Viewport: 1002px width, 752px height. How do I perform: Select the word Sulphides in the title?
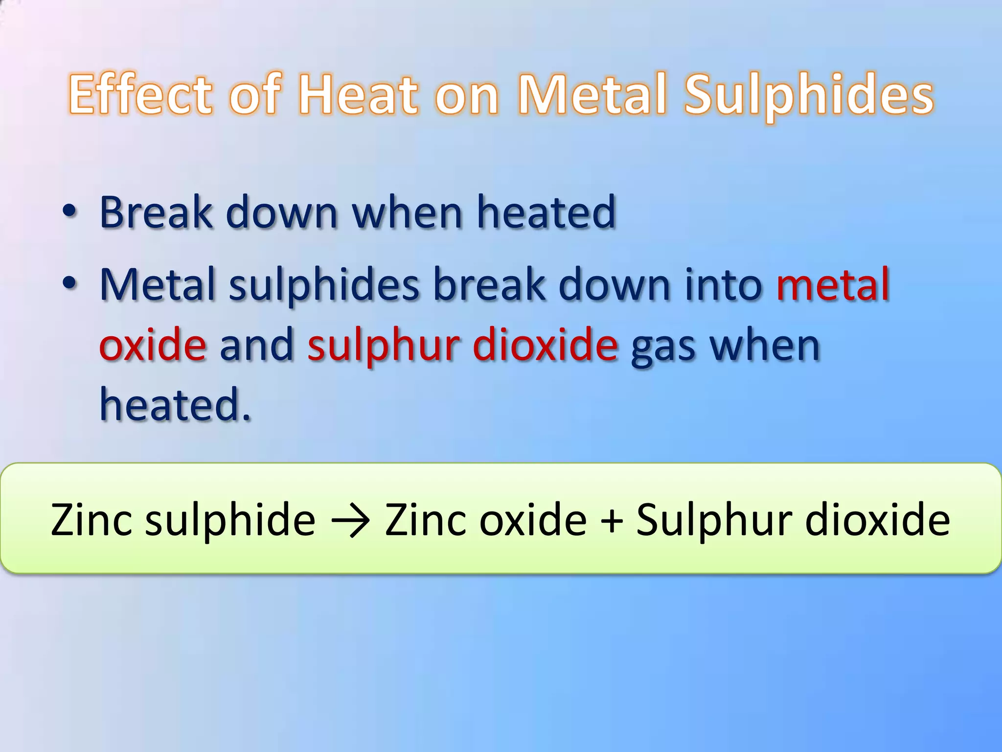(x=809, y=95)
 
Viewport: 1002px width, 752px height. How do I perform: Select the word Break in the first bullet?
(x=156, y=212)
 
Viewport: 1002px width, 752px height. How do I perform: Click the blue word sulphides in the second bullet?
(x=324, y=285)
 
